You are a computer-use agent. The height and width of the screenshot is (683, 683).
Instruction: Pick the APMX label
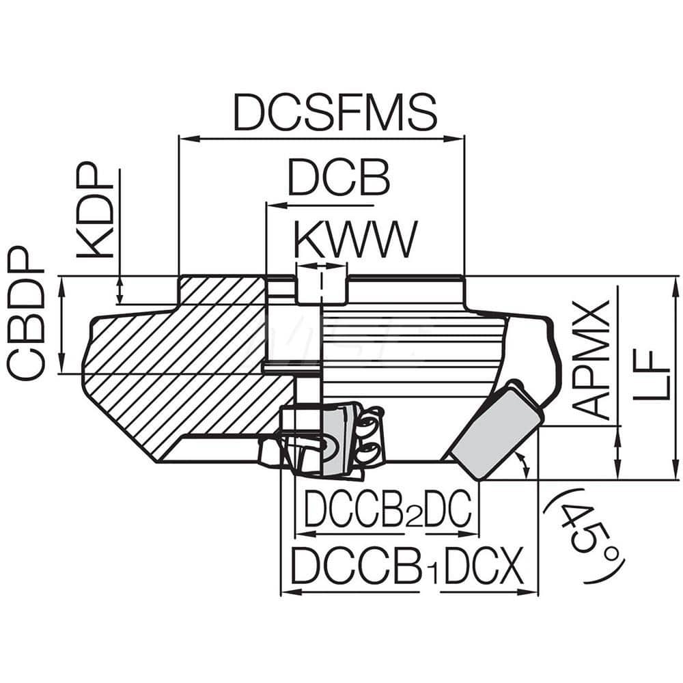pos(589,359)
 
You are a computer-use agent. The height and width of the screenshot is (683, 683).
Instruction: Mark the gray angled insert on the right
pos(494,430)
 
